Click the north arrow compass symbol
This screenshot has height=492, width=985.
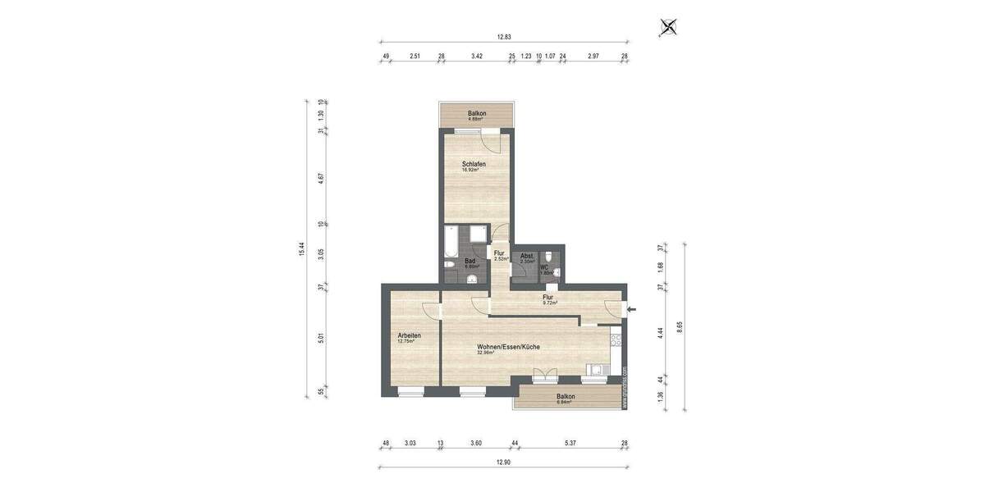tap(669, 28)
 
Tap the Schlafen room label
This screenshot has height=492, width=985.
tap(474, 166)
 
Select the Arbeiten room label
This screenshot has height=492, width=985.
tap(410, 337)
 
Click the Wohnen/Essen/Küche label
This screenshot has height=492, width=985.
tap(508, 348)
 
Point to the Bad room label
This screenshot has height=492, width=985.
tap(471, 263)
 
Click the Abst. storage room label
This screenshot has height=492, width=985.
tap(527, 258)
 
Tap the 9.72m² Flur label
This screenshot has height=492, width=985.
tap(548, 299)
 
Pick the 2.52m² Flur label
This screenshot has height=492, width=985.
tap(499, 255)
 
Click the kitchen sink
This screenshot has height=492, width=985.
tap(595, 370)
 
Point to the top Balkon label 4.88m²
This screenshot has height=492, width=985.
tap(477, 115)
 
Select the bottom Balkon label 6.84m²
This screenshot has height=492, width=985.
tap(566, 399)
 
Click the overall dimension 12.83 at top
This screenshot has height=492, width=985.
tap(504, 37)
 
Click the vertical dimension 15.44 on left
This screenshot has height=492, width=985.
tap(303, 248)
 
